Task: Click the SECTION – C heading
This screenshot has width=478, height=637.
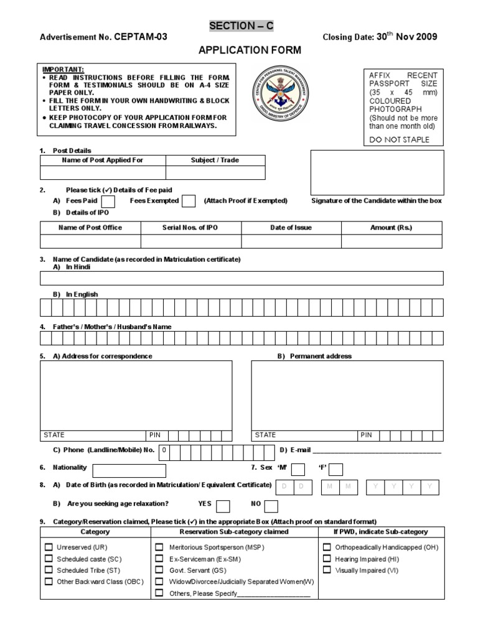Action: click(x=241, y=26)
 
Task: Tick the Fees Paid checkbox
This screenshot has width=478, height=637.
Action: click(x=108, y=201)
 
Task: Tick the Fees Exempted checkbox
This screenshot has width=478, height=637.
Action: click(x=189, y=201)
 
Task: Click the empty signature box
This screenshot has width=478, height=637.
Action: click(x=377, y=172)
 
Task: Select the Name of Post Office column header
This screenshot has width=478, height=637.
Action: click(x=90, y=228)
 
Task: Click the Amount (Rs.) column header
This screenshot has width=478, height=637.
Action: click(x=391, y=228)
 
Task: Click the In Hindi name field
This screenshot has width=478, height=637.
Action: click(x=242, y=278)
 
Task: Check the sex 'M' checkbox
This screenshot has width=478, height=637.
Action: click(x=298, y=469)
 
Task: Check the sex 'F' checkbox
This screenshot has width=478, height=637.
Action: click(x=336, y=469)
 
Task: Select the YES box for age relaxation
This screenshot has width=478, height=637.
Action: click(x=223, y=505)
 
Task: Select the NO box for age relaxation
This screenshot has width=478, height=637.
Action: click(x=271, y=505)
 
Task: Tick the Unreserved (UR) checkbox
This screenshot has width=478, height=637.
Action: click(x=49, y=547)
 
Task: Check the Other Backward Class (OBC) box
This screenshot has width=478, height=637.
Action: click(x=49, y=582)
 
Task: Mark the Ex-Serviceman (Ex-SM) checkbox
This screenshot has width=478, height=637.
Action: click(x=159, y=559)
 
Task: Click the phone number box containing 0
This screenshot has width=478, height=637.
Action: click(x=164, y=450)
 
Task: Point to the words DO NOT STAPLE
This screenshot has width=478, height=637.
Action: click(x=399, y=139)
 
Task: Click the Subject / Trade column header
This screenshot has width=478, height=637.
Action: click(x=215, y=160)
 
